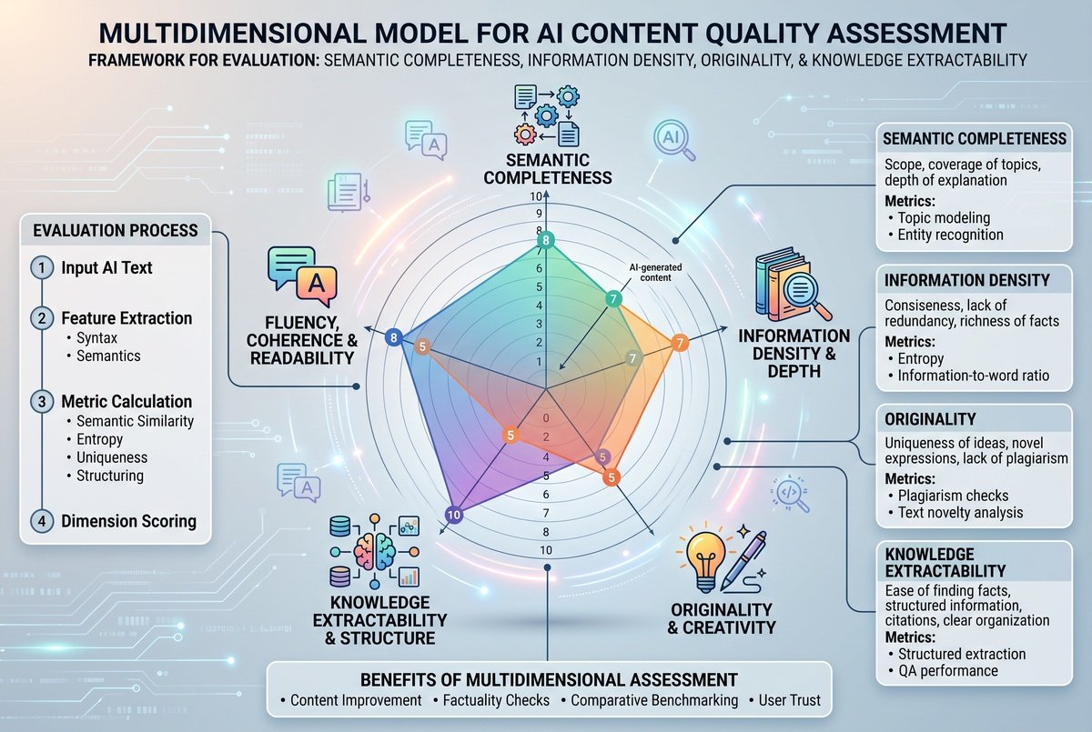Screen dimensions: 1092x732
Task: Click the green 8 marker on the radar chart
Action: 546,240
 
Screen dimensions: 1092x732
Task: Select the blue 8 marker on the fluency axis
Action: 393,337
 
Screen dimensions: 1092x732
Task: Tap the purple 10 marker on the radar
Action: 454,515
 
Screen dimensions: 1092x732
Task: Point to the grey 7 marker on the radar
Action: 632,359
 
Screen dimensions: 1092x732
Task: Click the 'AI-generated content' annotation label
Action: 655,273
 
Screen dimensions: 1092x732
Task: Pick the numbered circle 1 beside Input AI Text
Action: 42,267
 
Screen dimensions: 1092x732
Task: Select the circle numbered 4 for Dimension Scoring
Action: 42,521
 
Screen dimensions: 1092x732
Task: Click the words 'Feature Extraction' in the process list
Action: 126,318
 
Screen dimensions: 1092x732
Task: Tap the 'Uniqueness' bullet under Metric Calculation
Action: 112,457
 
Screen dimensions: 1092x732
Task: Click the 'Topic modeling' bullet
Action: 944,217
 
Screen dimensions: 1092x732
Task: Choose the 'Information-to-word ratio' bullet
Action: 973,376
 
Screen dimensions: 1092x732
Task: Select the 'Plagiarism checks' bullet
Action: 953,496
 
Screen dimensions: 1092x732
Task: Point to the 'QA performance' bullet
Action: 948,671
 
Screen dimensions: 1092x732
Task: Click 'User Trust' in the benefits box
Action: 790,700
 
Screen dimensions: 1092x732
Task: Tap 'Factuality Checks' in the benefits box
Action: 496,700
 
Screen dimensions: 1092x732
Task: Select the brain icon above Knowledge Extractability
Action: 374,551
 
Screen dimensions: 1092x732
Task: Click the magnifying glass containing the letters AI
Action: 673,140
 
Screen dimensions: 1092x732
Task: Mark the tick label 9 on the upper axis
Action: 539,213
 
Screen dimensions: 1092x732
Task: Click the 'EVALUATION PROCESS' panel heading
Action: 116,230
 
